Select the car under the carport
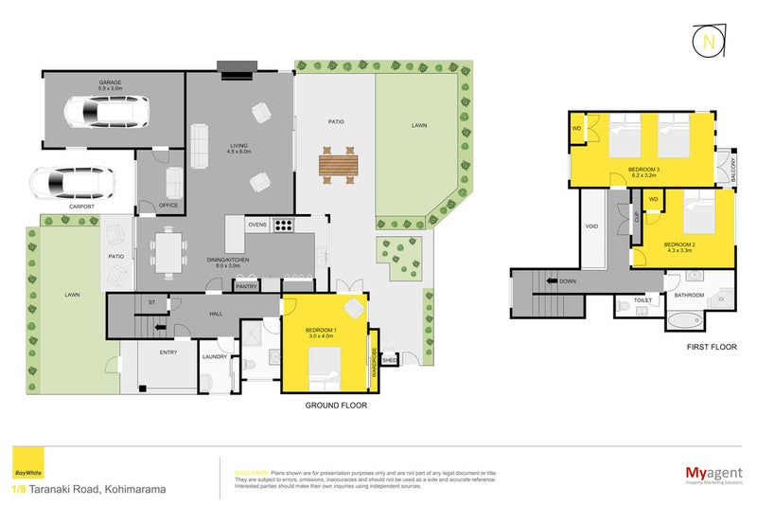point(70,182)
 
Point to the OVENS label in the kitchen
point(257,225)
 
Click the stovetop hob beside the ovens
point(283,226)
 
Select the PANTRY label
point(246,286)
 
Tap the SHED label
point(388,360)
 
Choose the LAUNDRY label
point(216,356)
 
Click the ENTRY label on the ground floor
point(168,352)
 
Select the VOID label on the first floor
point(591,226)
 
